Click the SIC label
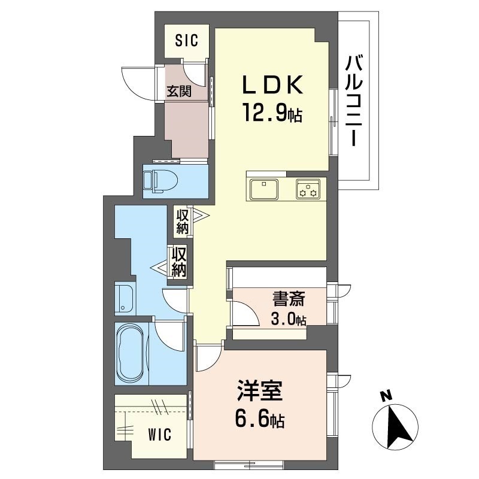click(186, 41)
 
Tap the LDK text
click(273, 86)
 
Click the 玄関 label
click(178, 92)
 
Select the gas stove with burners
click(308, 189)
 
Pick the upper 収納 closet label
click(182, 221)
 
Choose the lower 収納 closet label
click(180, 262)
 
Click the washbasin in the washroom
click(125, 299)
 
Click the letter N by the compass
click(387, 396)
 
